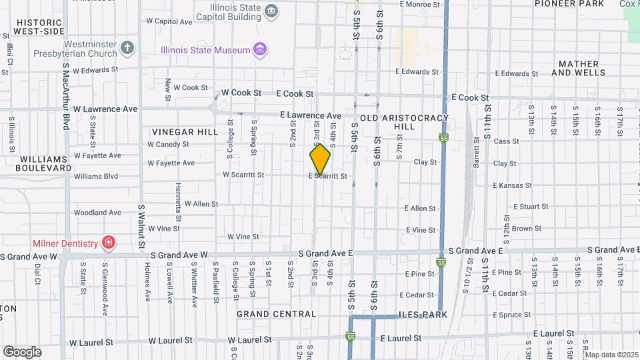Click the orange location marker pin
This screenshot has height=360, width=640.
320,159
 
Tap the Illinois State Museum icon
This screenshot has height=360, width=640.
261,49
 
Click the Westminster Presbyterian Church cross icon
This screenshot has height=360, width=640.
127,48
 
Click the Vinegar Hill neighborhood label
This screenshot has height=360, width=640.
185,132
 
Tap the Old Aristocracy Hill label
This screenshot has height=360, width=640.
404,122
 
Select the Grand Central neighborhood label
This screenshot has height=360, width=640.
276,314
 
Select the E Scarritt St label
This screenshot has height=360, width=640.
328,176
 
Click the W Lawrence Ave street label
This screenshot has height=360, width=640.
105,109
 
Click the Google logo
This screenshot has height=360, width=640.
22,351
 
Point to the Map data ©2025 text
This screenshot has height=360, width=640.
611,355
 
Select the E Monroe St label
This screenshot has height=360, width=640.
421,4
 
